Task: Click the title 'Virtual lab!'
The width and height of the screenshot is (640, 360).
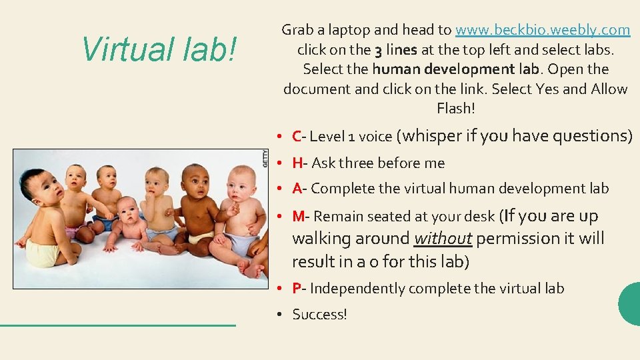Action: tap(158, 49)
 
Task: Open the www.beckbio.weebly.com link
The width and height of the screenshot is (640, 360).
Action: tap(543, 30)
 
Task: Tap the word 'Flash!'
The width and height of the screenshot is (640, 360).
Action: tap(456, 108)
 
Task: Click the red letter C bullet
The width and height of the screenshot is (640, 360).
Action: tap(297, 137)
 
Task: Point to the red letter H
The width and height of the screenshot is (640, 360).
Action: tap(297, 163)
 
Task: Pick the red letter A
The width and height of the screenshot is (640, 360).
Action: tap(297, 189)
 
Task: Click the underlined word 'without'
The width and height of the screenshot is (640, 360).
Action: tap(443, 239)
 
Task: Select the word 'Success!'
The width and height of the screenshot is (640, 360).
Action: tap(319, 314)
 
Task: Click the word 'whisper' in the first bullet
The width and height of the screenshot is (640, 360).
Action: tap(430, 136)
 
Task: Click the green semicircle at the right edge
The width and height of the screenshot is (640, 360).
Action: tap(631, 304)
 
